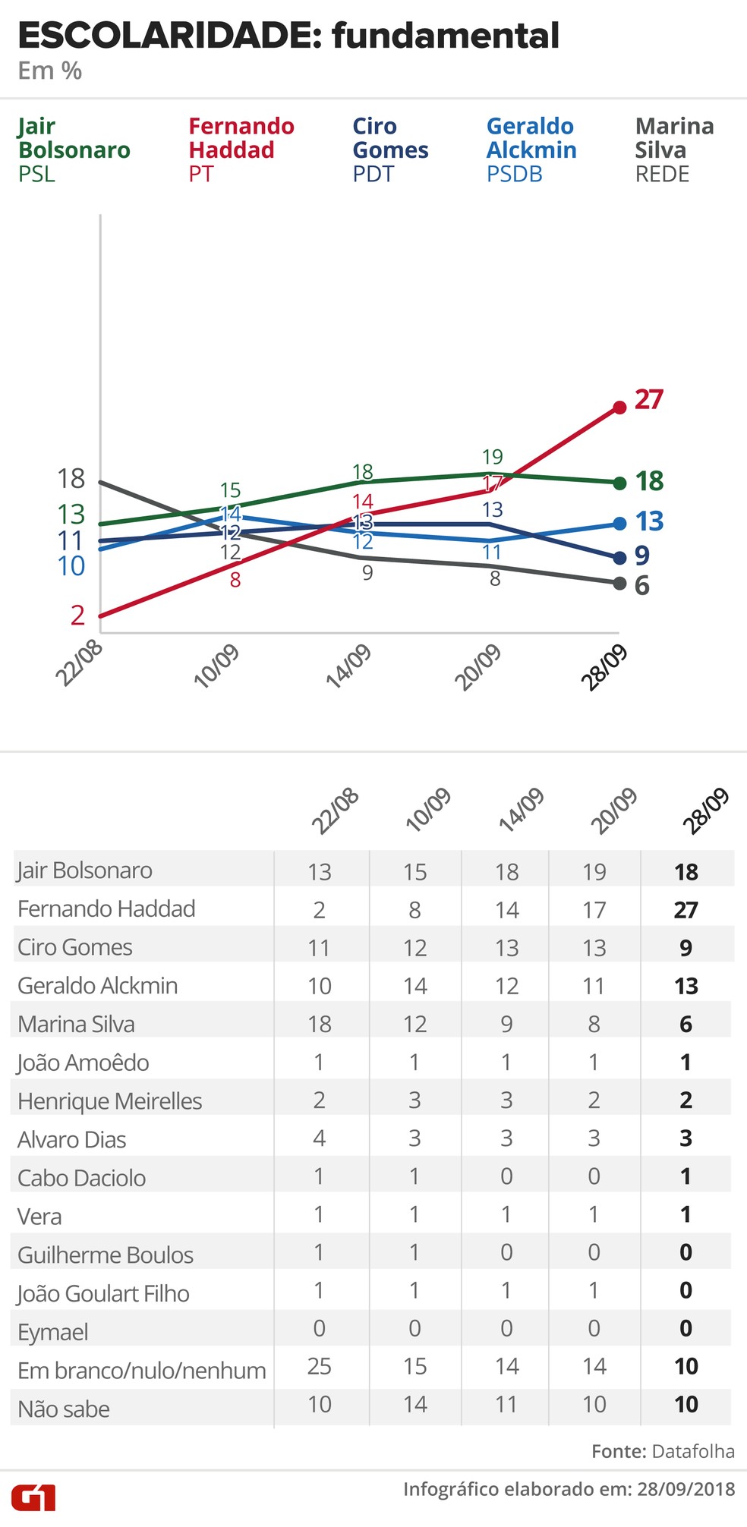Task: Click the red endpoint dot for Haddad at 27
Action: click(619, 408)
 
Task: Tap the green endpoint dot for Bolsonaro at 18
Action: click(619, 483)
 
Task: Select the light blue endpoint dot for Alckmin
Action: click(619, 524)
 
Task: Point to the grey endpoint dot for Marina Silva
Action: click(619, 583)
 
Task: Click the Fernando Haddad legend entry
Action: click(241, 150)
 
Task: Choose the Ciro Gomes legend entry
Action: click(390, 150)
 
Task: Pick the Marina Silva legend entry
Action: click(674, 150)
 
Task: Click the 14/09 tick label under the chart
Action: click(348, 666)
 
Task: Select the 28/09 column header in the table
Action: click(705, 811)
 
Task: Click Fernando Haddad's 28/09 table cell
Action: click(686, 909)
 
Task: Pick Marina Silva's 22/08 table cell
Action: click(320, 1024)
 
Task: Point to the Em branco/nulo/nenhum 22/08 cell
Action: click(320, 1366)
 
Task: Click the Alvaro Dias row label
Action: click(72, 1139)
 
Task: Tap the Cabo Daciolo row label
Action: click(82, 1178)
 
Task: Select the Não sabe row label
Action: click(64, 1409)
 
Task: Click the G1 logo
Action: click(33, 1497)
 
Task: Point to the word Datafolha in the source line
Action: click(692, 1451)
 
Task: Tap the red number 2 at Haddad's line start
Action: click(77, 616)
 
